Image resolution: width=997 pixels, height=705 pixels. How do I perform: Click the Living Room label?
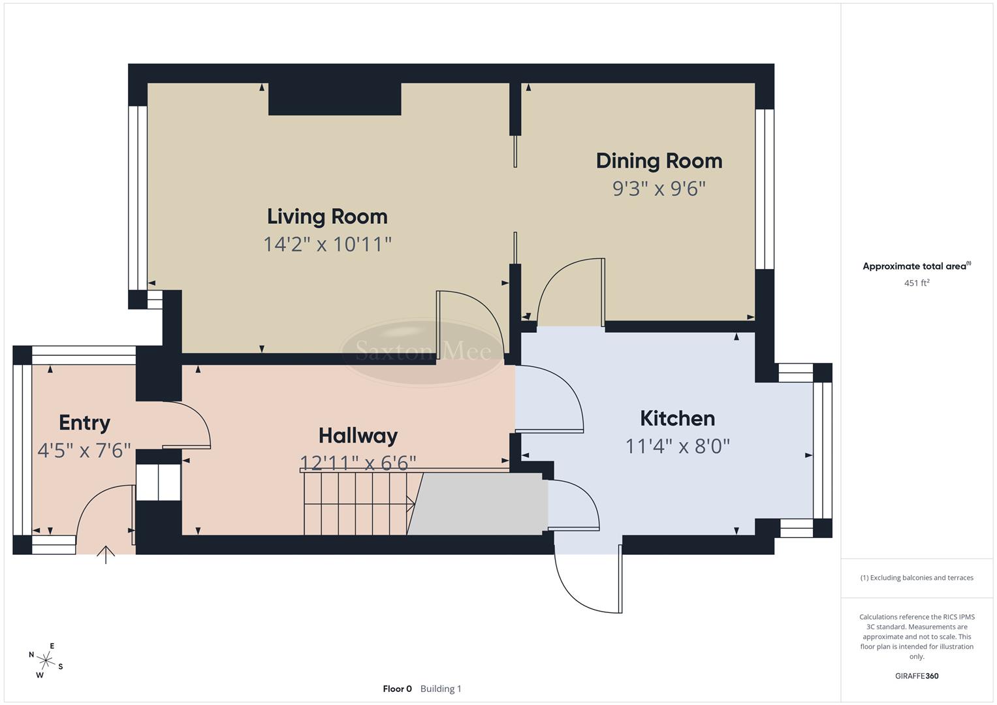point(327,217)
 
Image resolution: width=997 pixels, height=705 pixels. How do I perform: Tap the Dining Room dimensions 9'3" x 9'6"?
point(659,189)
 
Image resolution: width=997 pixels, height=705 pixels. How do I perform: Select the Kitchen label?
point(677,418)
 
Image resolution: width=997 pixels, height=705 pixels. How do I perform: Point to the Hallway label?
point(358,435)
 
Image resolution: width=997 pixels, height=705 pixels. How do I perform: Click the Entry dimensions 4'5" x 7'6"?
point(84,450)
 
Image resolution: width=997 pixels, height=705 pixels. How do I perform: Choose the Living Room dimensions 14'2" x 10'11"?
point(327,244)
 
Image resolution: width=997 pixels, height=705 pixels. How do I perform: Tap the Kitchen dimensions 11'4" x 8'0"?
point(677,446)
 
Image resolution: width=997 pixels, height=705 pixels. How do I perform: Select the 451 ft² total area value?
point(916,283)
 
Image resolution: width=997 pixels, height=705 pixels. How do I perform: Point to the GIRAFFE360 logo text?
point(916,676)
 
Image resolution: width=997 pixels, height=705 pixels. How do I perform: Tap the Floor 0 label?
point(397,689)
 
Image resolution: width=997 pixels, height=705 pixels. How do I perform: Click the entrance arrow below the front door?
point(106,554)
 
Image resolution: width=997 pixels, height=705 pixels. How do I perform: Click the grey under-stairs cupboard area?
point(480,504)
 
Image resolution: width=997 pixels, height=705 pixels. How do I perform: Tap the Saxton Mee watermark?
point(423,352)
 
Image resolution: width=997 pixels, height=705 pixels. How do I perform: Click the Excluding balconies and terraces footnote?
point(916,578)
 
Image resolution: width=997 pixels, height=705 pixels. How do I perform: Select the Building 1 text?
point(441,689)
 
